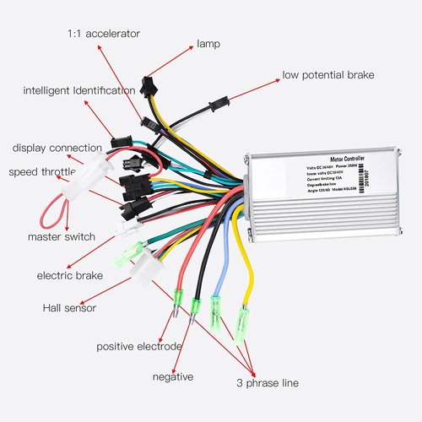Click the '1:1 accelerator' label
click(x=104, y=34)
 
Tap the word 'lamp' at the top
click(x=208, y=43)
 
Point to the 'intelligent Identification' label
click(x=78, y=90)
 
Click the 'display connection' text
click(x=57, y=149)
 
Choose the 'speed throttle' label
click(x=42, y=172)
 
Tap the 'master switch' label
click(x=61, y=236)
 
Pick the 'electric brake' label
click(x=69, y=275)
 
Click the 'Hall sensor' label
click(x=69, y=308)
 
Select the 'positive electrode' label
click(x=138, y=346)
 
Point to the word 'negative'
click(x=173, y=376)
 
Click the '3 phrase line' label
click(x=267, y=383)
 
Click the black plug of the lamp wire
click(x=149, y=84)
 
